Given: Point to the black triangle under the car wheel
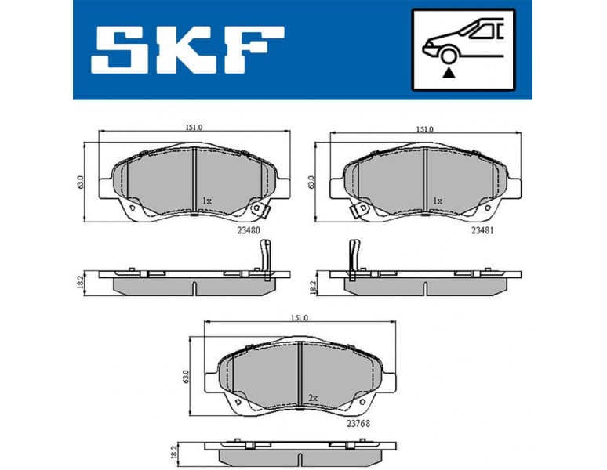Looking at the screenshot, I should point(449,73).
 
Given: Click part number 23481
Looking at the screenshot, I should point(482,230).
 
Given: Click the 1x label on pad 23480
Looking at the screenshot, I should point(206,201).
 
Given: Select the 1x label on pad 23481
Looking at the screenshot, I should point(438,201).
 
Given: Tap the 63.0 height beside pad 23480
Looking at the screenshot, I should point(80,182).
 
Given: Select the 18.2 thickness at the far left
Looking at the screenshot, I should point(81,282).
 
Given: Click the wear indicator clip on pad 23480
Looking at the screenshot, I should point(258,209).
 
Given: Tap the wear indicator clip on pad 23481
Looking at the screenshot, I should point(360,209).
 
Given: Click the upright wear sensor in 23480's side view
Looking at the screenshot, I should point(265,255).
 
